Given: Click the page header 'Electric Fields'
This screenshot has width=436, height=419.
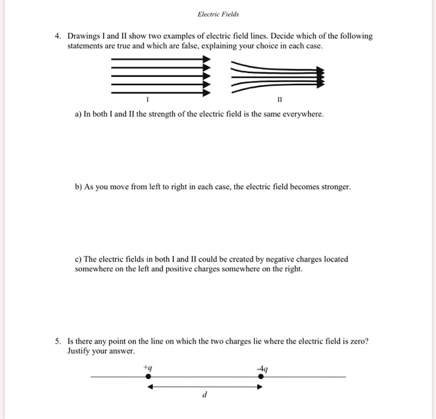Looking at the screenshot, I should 218,14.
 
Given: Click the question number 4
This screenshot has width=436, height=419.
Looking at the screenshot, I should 57,36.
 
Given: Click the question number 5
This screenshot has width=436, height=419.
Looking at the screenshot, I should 57,341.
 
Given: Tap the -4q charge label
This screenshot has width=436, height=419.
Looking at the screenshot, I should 262,368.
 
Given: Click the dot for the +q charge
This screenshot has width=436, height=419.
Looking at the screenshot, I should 149,376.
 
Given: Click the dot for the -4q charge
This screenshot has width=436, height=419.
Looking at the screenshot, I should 261,376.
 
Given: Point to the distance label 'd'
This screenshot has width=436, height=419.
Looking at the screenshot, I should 204,395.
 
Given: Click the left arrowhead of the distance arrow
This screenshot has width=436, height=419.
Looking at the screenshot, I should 150,387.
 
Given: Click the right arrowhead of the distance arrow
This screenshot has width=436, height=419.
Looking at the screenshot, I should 259,387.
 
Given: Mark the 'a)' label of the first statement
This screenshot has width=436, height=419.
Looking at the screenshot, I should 78,114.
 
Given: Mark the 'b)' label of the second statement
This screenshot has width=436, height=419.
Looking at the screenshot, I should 79,187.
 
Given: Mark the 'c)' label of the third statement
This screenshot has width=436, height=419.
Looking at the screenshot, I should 78,260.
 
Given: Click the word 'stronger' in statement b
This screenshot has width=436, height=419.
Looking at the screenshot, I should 334,187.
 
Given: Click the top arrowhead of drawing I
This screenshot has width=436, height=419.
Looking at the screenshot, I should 207,59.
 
